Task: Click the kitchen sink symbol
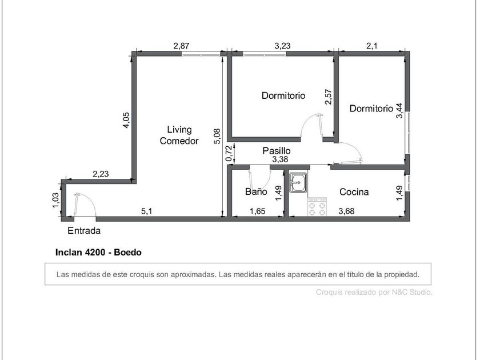click(x=298, y=183)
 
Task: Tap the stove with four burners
click(x=317, y=207)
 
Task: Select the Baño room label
click(x=256, y=191)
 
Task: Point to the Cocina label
click(x=354, y=192)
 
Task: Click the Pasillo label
click(x=277, y=151)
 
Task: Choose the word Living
click(x=179, y=130)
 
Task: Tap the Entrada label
click(x=84, y=230)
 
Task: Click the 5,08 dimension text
click(x=217, y=136)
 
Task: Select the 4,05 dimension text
click(x=126, y=121)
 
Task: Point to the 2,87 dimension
click(x=181, y=46)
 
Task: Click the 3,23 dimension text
click(x=282, y=46)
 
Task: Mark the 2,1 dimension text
click(x=371, y=46)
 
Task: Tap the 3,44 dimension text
click(x=399, y=111)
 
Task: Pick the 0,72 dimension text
click(x=229, y=154)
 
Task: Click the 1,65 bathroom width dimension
click(x=258, y=211)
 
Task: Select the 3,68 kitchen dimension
click(x=346, y=211)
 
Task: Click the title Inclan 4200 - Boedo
click(x=98, y=252)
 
